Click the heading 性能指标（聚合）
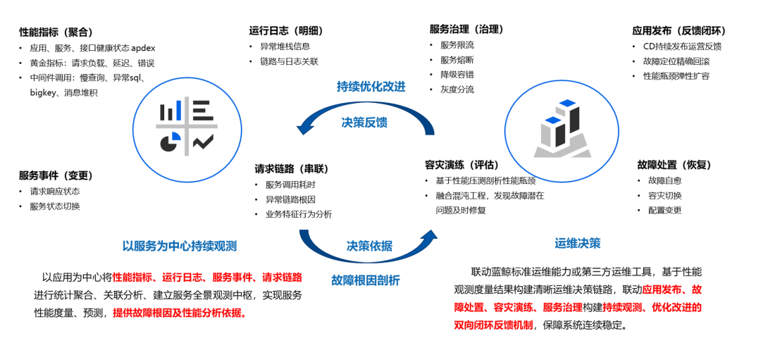(x=56, y=32)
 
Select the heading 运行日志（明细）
(x=285, y=30)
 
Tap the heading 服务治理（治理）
(x=466, y=29)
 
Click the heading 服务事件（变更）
(x=56, y=175)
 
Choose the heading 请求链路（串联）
(x=292, y=169)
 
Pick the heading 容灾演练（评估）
(x=462, y=165)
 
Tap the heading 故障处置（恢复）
(x=674, y=165)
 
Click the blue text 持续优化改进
(x=371, y=86)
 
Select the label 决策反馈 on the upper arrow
(x=364, y=122)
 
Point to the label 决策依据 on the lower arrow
(x=369, y=246)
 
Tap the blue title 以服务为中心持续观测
(x=180, y=246)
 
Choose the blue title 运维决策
(x=577, y=243)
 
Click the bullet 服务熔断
(x=457, y=60)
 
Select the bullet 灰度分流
(x=457, y=89)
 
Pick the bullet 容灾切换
(x=664, y=195)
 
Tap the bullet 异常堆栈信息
(x=285, y=47)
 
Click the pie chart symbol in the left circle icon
(x=168, y=142)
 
